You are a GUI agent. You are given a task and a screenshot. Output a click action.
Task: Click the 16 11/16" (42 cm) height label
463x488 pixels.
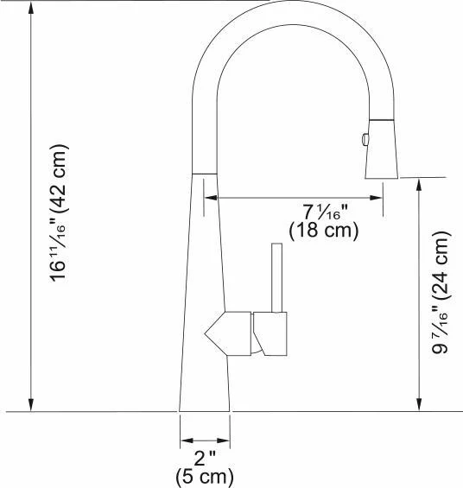pyautogui.click(x=58, y=213)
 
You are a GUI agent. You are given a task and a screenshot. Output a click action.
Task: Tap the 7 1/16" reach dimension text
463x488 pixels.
pyautogui.click(x=325, y=212)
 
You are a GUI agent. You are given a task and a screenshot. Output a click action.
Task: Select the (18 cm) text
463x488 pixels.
pyautogui.click(x=324, y=231)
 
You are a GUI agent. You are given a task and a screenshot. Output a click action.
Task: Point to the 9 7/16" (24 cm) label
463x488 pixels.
pyautogui.click(x=441, y=292)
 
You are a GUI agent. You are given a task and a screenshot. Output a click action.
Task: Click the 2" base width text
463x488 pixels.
pyautogui.click(x=205, y=458)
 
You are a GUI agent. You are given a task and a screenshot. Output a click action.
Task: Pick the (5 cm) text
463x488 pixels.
pyautogui.click(x=205, y=477)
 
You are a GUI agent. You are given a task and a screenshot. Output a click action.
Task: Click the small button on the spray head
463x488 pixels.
pyautogui.click(x=365, y=139)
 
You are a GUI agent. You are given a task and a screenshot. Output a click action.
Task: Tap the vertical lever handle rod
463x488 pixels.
pyautogui.click(x=276, y=277)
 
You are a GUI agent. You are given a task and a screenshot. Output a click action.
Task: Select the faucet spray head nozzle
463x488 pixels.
pyautogui.click(x=382, y=149)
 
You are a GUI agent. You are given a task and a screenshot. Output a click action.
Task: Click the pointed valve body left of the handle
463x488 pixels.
pyautogui.click(x=228, y=333)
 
